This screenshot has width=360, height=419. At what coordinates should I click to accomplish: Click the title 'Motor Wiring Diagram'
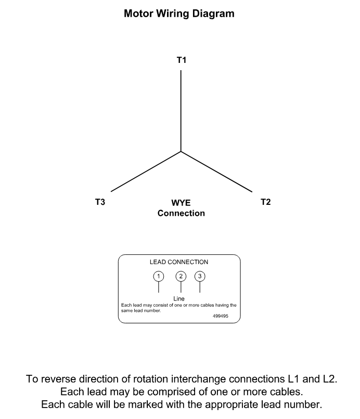pyautogui.click(x=179, y=14)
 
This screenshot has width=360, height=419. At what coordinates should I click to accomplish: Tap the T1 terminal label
pyautogui.click(x=182, y=60)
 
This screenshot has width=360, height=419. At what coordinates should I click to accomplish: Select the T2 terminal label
pyautogui.click(x=265, y=202)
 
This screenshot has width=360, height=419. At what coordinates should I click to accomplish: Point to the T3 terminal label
pyautogui.click(x=100, y=202)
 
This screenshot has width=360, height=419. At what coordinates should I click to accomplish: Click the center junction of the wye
pyautogui.click(x=181, y=151)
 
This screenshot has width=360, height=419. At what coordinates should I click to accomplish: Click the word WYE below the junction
pyautogui.click(x=181, y=203)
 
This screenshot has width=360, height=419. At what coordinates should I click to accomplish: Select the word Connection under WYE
pyautogui.click(x=181, y=213)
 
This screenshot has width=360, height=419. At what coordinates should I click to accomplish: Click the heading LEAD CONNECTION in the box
pyautogui.click(x=179, y=262)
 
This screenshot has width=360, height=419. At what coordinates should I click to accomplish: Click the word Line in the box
pyautogui.click(x=179, y=298)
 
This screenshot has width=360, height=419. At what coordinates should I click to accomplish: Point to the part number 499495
pyautogui.click(x=221, y=316)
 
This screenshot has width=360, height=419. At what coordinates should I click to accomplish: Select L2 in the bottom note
pyautogui.click(x=328, y=379)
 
